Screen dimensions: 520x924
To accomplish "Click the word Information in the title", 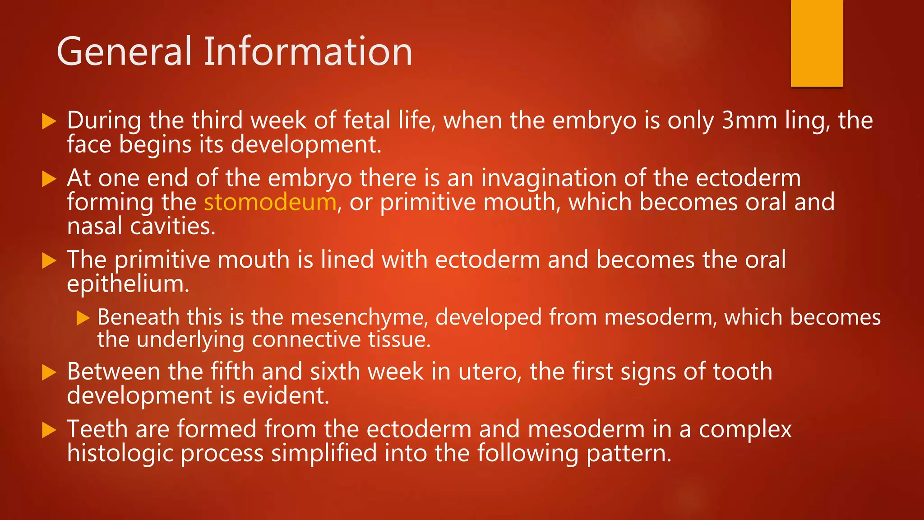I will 308,52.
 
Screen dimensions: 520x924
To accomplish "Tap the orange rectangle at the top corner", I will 817,43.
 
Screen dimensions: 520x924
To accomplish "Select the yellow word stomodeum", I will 270,202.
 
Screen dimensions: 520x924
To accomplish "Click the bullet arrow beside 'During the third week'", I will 49,121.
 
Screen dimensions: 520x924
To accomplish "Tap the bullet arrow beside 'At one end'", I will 49,179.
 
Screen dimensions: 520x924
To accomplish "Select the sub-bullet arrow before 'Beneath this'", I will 83,318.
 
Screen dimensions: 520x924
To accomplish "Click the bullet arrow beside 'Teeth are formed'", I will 49,430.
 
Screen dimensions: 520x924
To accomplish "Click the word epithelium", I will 128,284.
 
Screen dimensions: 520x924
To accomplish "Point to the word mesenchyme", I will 359,318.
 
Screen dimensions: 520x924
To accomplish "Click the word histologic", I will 120,453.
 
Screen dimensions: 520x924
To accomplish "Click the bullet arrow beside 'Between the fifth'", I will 49,372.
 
